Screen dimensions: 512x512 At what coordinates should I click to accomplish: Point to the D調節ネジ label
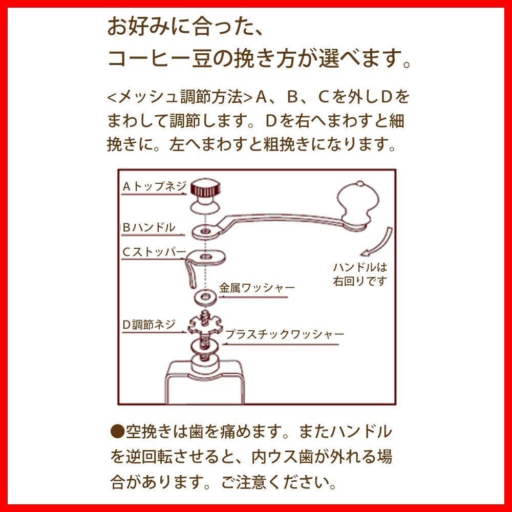(x=149, y=325)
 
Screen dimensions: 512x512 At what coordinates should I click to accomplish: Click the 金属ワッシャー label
(x=257, y=288)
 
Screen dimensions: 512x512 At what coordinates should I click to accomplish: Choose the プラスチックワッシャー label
(x=285, y=334)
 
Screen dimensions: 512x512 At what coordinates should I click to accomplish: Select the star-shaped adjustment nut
(x=204, y=324)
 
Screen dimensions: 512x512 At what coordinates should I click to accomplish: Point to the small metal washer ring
(x=205, y=296)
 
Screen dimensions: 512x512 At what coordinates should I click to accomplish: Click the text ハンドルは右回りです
(x=360, y=274)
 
